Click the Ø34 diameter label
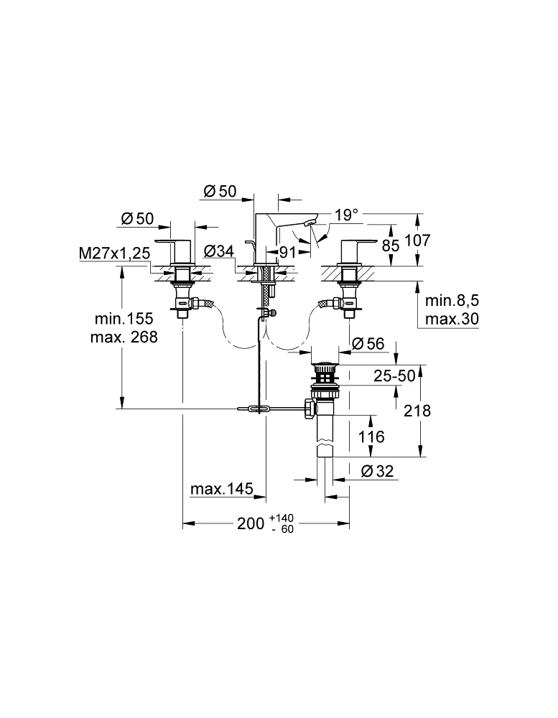coord(218,251)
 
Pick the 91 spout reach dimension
coord(289,252)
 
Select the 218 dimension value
coord(417,410)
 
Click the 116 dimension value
coord(371,436)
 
